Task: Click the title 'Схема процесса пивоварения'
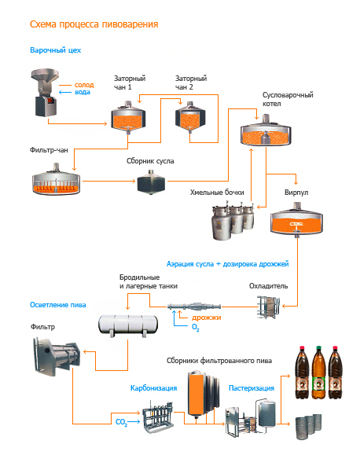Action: pos(94,24)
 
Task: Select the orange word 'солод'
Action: pos(84,85)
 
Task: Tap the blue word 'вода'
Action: pos(83,92)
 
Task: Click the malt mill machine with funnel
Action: pos(45,93)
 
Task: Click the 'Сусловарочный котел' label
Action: pos(288,99)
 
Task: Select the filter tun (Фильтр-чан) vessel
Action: pos(56,179)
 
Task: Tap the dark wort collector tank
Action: pos(151,182)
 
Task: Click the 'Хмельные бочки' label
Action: pos(217,193)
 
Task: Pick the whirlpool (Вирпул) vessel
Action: pos(296,219)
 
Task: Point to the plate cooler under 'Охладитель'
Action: pos(268,307)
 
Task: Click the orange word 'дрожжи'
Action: pos(207,318)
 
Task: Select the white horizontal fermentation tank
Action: pos(128,325)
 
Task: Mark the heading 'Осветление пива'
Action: pos(58,305)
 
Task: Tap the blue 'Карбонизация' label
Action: pos(153,388)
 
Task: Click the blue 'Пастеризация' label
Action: pos(252,388)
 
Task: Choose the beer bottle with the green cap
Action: pos(318,373)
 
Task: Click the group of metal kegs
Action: pos(308,426)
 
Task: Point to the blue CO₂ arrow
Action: pos(134,422)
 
